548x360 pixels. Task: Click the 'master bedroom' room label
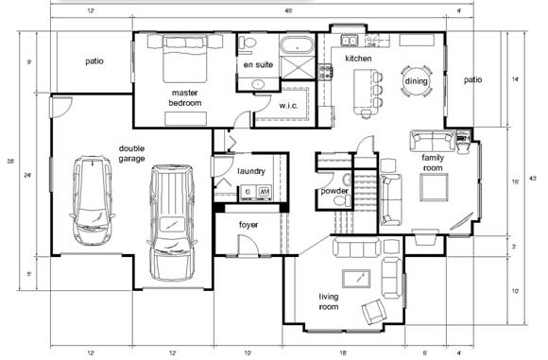point(185,97)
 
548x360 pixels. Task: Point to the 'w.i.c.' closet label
point(289,106)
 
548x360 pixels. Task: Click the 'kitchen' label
point(358,59)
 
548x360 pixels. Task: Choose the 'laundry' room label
point(251,171)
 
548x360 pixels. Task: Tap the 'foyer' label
point(248,225)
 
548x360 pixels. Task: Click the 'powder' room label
point(334,191)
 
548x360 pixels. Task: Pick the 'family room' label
point(433,163)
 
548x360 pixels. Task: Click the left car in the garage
point(92,200)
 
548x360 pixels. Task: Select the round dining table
point(416,82)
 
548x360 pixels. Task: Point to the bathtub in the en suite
point(294,44)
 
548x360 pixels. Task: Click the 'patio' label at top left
point(94,61)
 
